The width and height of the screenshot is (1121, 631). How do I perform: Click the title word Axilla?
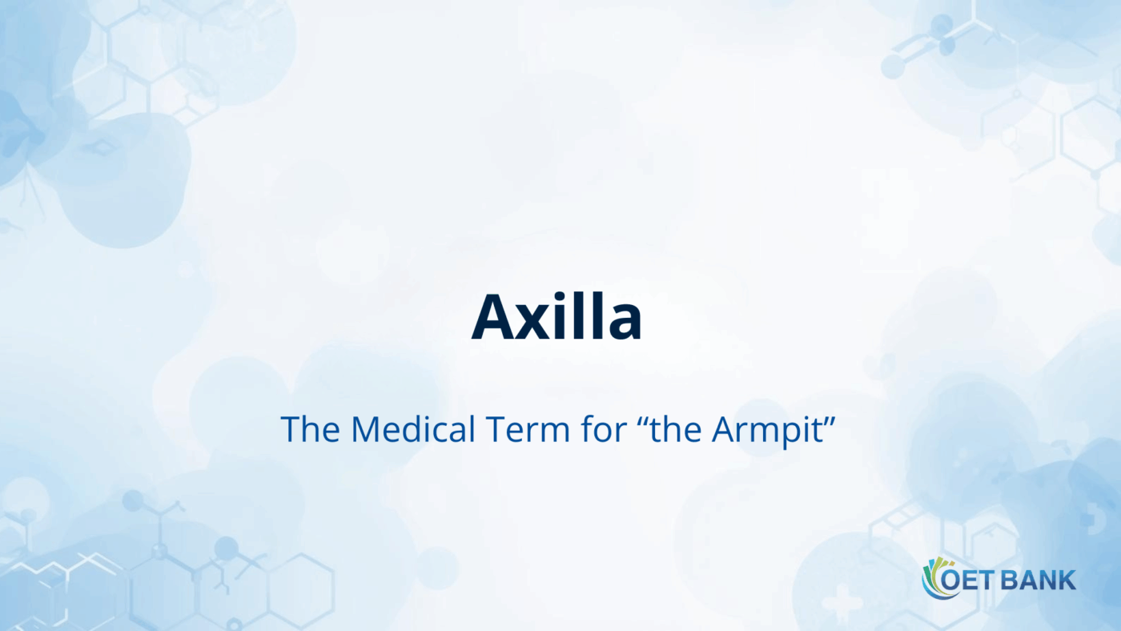click(x=556, y=317)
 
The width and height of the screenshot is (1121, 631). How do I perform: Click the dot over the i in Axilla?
click(x=568, y=297)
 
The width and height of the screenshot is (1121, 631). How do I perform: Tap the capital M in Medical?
click(x=365, y=430)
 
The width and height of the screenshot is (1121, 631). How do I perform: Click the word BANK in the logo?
click(x=1039, y=581)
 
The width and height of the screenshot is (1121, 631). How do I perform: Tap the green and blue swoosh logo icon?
click(x=934, y=578)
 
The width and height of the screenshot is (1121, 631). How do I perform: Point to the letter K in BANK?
click(x=1067, y=581)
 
